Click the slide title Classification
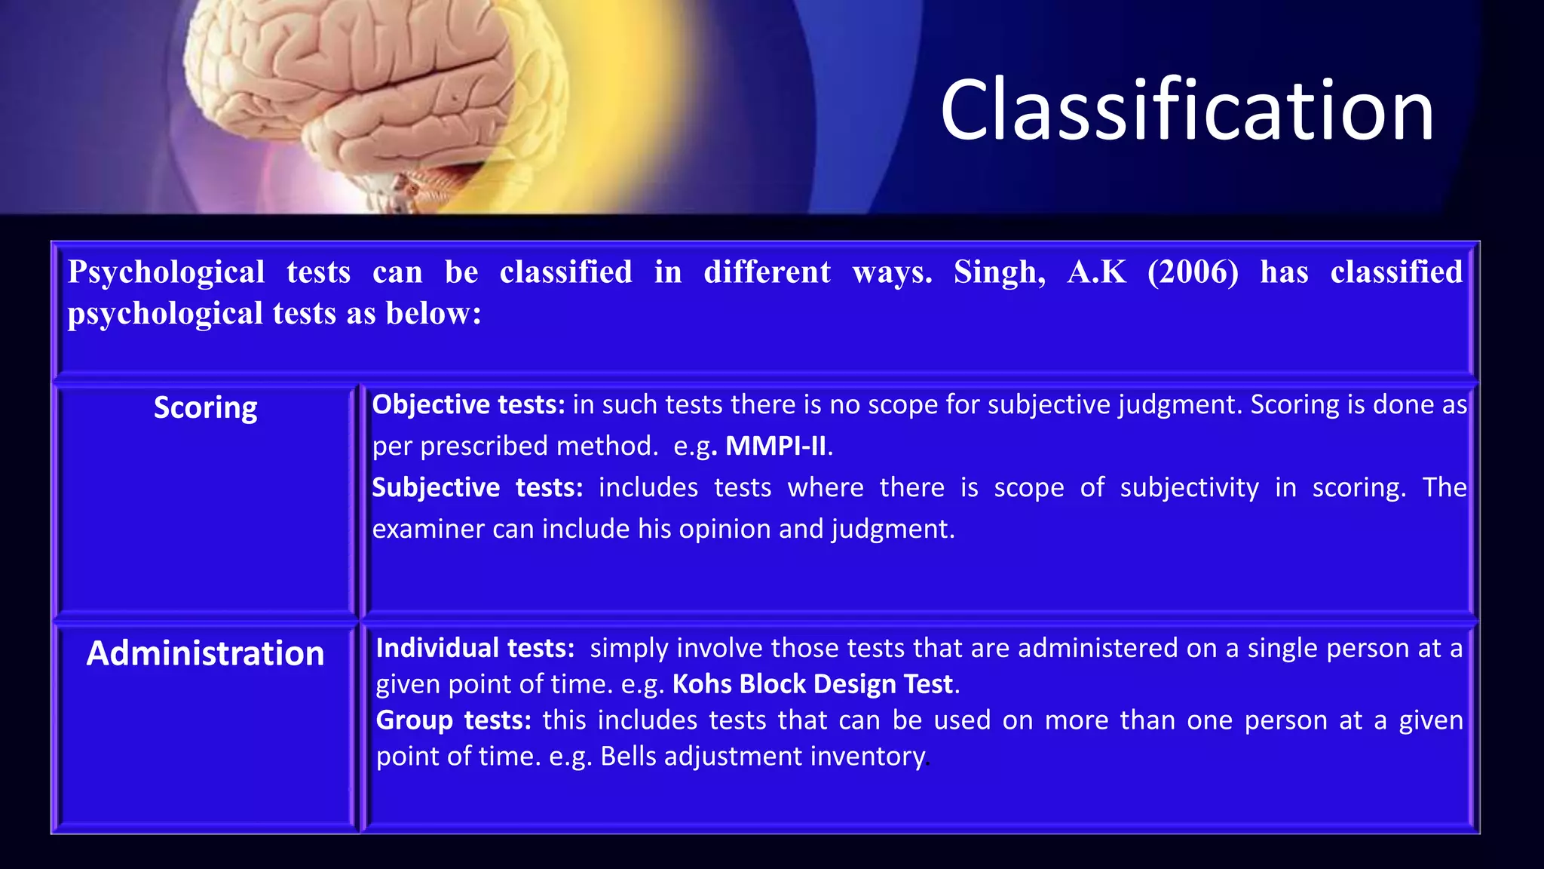coord(1187,110)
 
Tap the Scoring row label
coord(205,408)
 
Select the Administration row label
coord(205,653)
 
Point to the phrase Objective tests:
coord(468,405)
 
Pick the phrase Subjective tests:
coord(477,488)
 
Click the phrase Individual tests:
coord(475,648)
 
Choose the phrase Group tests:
coord(453,720)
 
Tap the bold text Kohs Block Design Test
coord(813,684)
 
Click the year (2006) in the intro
coord(1193,272)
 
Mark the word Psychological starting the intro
coord(166,272)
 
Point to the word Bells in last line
coord(628,757)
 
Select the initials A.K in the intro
coord(1097,272)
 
